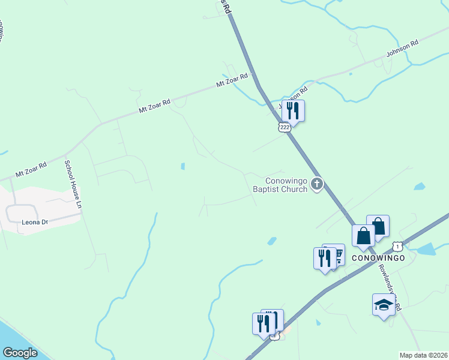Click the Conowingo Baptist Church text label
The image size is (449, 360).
[287, 185]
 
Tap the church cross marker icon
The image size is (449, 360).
[317, 185]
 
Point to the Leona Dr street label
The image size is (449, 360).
[35, 222]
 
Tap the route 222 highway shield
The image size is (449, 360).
[285, 127]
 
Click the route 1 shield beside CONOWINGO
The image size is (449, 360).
[397, 246]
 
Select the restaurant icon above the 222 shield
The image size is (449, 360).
[293, 110]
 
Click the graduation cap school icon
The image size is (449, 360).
[384, 304]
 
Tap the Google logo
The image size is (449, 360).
[20, 353]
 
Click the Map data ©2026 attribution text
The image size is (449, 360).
[424, 355]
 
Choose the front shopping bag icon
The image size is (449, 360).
[364, 235]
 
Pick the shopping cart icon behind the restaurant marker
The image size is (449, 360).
[337, 254]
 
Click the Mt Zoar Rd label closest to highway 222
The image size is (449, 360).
[232, 80]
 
